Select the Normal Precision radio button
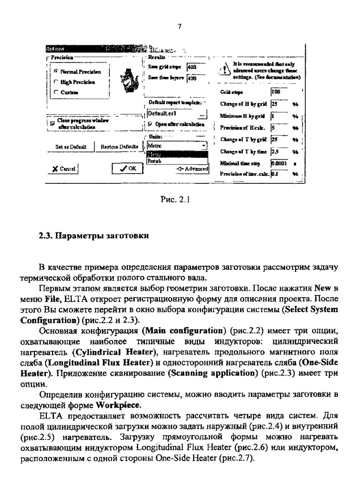(x=56, y=72)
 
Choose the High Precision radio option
(x=56, y=82)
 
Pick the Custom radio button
(x=56, y=92)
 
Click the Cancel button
(x=64, y=169)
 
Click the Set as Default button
(x=71, y=147)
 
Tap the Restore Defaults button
(x=119, y=147)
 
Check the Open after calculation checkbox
(x=150, y=124)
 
